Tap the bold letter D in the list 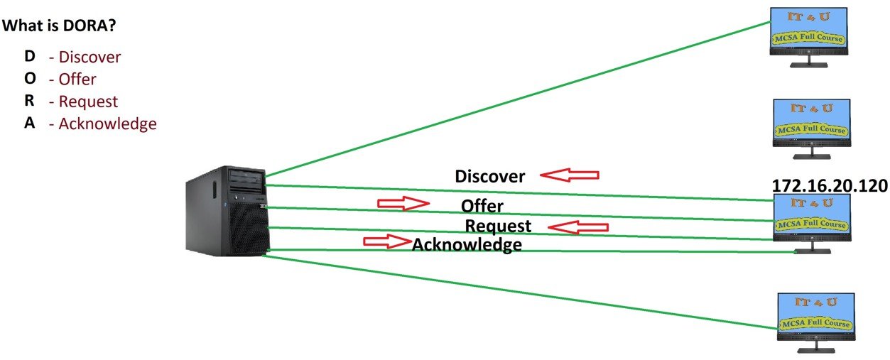[30, 56]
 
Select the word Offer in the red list [77, 79]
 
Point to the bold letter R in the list [30, 101]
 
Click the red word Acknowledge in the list [107, 124]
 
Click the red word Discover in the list [89, 57]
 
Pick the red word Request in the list [88, 102]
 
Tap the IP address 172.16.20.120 [830, 186]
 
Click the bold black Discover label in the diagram [489, 176]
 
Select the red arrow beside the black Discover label [569, 174]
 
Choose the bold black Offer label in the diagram [482, 207]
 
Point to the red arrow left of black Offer [403, 204]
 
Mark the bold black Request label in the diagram [497, 227]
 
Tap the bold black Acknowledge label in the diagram [467, 245]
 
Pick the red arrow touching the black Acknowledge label [387, 241]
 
